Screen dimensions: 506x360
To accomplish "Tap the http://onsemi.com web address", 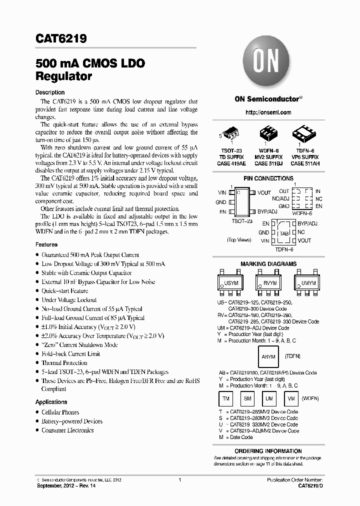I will pos(268,112).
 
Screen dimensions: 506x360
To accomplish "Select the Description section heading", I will pos(50,92).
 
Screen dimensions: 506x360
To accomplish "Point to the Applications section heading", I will pos(51,402).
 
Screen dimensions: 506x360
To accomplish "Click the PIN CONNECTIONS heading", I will pos(268,178).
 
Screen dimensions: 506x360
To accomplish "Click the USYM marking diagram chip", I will pos(231,283).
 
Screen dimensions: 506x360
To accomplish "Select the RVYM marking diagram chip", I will pos(269,283).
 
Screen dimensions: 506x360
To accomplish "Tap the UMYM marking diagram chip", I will pos(308,283).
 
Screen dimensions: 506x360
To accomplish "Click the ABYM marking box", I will pos(268,357).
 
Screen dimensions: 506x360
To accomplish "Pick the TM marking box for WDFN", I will pos(226,398).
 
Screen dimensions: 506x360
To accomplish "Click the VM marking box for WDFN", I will pos(291,398).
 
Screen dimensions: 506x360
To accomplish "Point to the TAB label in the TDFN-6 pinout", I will pos(284,233).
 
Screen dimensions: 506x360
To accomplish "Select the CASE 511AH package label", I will pos(304,163).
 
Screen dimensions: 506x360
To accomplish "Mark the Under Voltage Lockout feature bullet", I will pos(69,300).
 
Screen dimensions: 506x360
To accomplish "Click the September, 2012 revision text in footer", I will pos(61,485).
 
